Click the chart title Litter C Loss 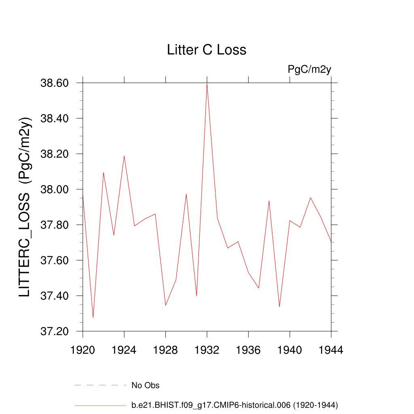pos(207,50)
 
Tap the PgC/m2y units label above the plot pos(309,70)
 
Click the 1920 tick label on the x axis pos(82,351)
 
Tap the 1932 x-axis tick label pos(207,351)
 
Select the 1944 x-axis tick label pos(331,351)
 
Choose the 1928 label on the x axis pos(165,351)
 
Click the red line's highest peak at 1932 pos(207,83)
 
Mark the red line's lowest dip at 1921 pos(93,318)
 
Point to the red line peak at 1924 pos(124,156)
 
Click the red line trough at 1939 pos(279,307)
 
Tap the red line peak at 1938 pos(269,201)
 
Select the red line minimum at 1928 pos(165,305)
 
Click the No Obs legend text pos(146,385)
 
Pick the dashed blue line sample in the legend pos(101,385)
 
